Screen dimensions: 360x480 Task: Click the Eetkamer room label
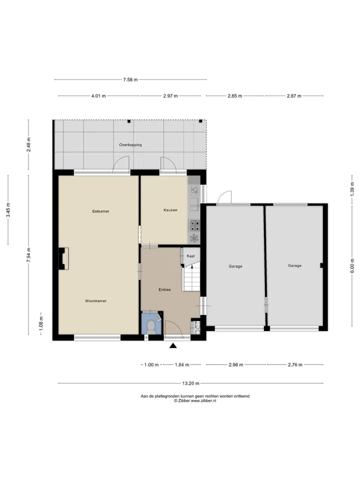(x=100, y=211)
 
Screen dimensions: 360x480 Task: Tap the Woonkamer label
(x=96, y=301)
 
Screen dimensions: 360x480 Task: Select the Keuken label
(x=170, y=210)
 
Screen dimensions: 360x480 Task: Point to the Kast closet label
(x=190, y=256)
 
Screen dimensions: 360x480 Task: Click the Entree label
(x=164, y=289)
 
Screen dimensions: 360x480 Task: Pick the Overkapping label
(x=130, y=145)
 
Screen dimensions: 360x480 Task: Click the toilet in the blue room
(x=150, y=327)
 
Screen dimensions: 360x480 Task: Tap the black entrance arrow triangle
(x=173, y=346)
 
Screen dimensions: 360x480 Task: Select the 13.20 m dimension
(x=190, y=383)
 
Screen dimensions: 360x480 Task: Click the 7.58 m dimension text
(x=130, y=79)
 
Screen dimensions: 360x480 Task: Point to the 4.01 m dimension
(x=98, y=96)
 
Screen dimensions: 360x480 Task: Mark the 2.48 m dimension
(x=28, y=145)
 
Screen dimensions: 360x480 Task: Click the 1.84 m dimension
(x=182, y=364)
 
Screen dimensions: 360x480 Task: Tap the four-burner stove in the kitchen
(x=194, y=226)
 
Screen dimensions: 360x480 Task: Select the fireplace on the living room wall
(x=63, y=258)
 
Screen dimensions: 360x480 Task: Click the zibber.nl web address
(x=203, y=400)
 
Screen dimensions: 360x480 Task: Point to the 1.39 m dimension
(x=352, y=189)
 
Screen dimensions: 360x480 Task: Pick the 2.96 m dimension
(x=235, y=364)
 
